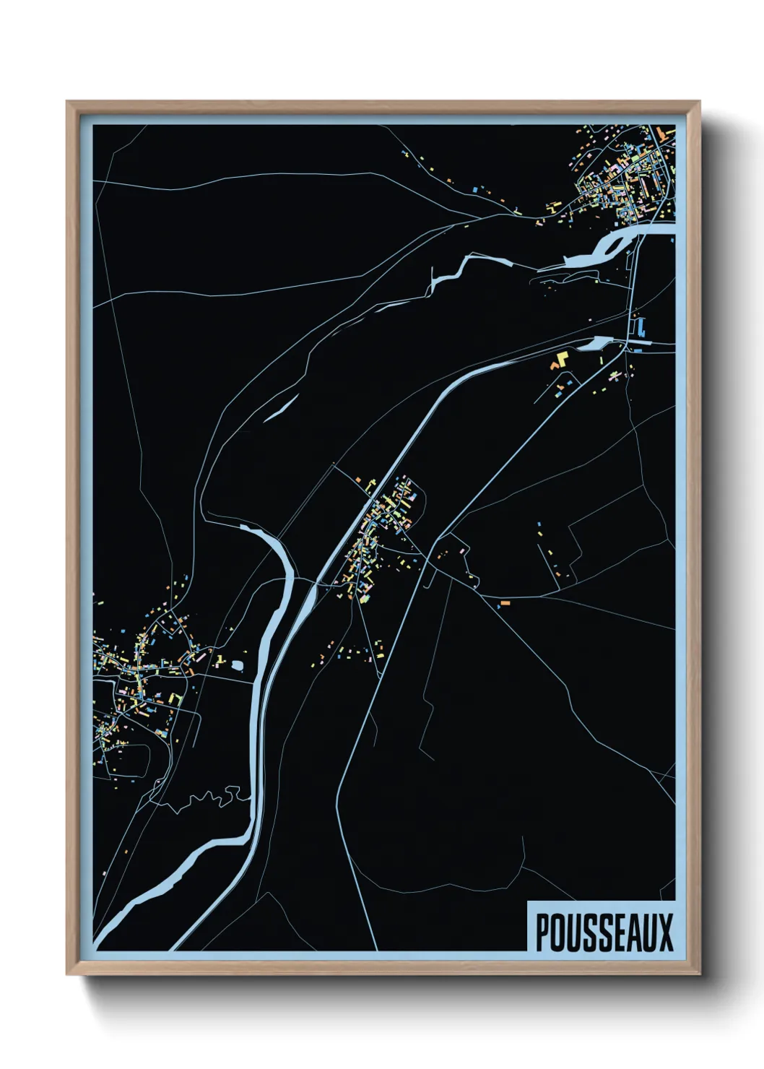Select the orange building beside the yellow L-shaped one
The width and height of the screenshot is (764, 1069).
(x=555, y=367)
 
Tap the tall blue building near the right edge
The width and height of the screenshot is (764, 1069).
(x=641, y=329)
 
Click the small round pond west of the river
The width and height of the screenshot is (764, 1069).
(x=238, y=662)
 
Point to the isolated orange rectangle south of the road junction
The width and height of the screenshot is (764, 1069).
(x=505, y=602)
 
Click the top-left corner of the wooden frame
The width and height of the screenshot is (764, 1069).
(x=67, y=102)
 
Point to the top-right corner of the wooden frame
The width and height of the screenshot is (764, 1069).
(x=699, y=102)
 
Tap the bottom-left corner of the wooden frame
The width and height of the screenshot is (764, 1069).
(x=67, y=974)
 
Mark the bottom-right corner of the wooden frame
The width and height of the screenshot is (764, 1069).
(x=699, y=974)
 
